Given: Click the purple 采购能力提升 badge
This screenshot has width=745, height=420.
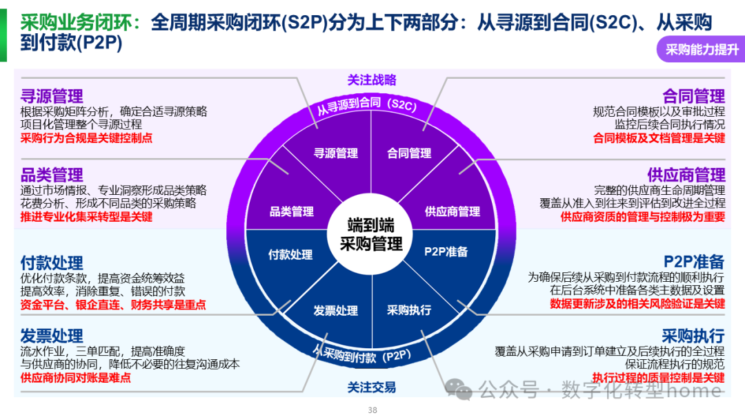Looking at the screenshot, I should pyautogui.click(x=702, y=50).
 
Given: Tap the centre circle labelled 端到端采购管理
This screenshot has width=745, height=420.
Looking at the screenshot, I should pyautogui.click(x=371, y=235).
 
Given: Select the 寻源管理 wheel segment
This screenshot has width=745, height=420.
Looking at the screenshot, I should pyautogui.click(x=336, y=153).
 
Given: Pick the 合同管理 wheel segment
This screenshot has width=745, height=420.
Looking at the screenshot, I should pyautogui.click(x=409, y=153).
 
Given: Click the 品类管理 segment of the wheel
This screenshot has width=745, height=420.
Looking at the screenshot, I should pyautogui.click(x=291, y=211).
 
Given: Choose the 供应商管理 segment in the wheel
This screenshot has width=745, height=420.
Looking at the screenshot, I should pyautogui.click(x=452, y=211).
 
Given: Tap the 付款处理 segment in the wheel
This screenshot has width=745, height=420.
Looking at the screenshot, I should pyautogui.click(x=290, y=254).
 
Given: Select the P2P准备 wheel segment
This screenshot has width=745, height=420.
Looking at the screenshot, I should pyautogui.click(x=446, y=252).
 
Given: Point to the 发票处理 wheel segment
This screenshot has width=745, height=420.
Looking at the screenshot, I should pyautogui.click(x=335, y=311).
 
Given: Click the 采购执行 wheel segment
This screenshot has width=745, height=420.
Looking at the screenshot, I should pyautogui.click(x=409, y=310).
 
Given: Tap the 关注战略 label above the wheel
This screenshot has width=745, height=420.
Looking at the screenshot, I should pyautogui.click(x=372, y=80).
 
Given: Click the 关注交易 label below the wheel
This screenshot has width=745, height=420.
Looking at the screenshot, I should pyautogui.click(x=372, y=388).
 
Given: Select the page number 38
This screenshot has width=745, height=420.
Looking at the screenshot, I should pyautogui.click(x=372, y=410).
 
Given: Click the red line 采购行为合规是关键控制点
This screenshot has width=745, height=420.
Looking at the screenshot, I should pyautogui.click(x=86, y=138).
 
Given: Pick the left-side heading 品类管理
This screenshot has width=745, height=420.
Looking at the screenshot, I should pyautogui.click(x=52, y=175).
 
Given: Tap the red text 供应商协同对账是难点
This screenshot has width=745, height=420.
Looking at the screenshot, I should pyautogui.click(x=76, y=378).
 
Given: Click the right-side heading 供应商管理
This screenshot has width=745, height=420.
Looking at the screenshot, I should pyautogui.click(x=686, y=175).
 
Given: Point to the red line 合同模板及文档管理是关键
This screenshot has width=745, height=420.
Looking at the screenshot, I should pyautogui.click(x=659, y=138).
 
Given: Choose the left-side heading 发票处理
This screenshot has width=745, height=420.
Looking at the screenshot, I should pyautogui.click(x=52, y=336).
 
